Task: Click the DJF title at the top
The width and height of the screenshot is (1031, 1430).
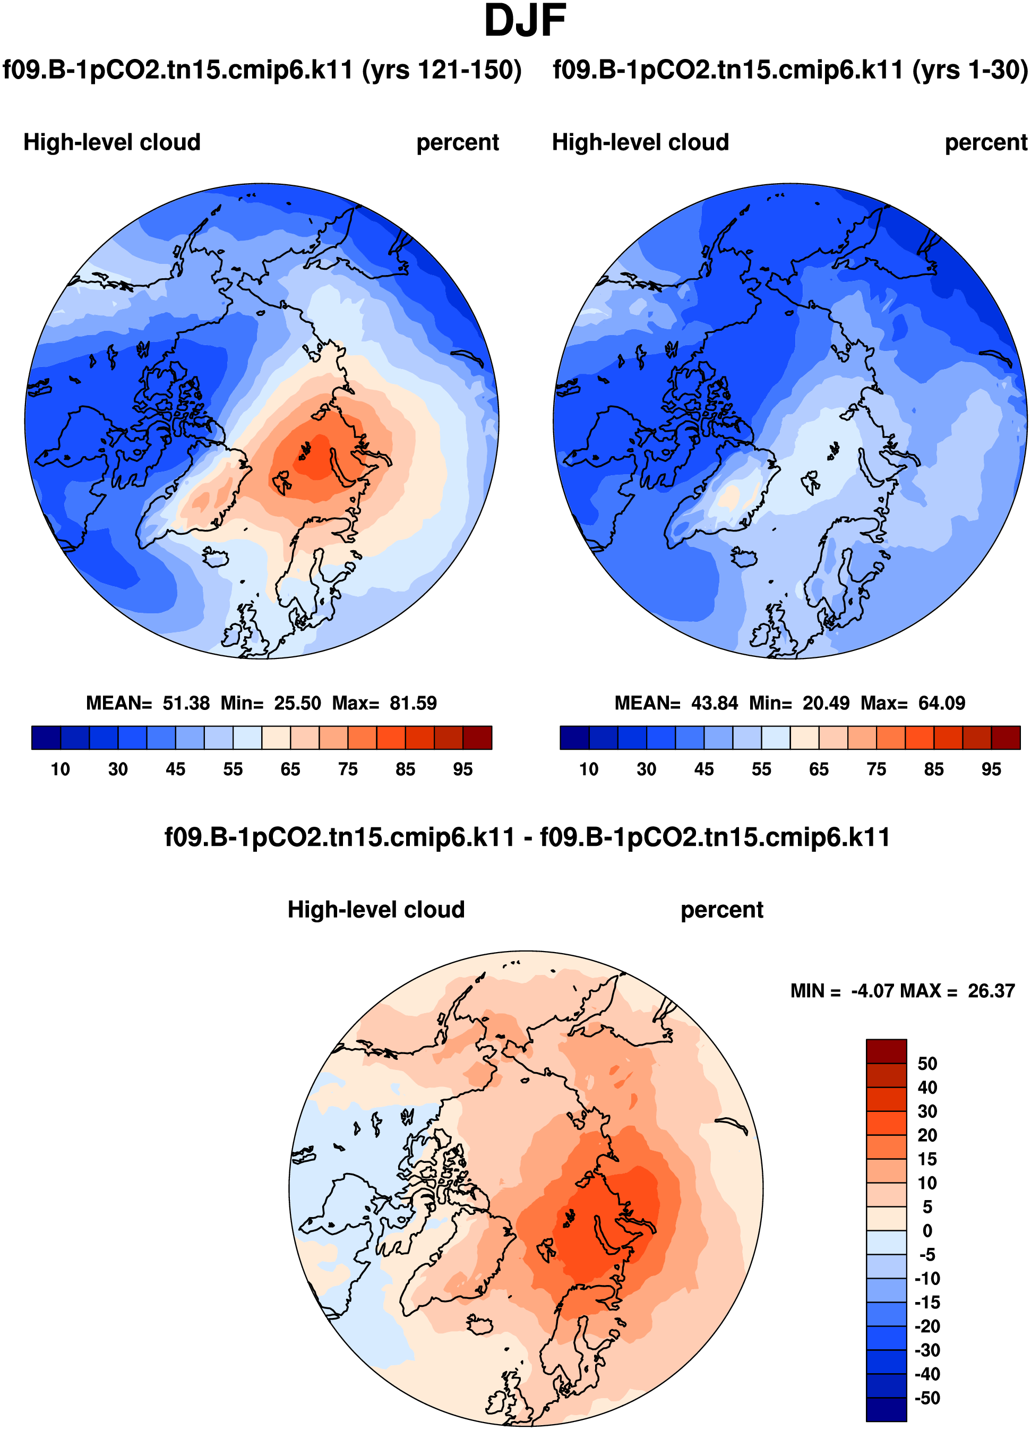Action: [x=525, y=21]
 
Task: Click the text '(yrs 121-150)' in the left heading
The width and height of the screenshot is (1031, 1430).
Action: [x=442, y=70]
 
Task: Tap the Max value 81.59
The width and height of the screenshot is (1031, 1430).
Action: [x=413, y=703]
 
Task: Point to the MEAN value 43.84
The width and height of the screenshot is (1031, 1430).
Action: [x=715, y=703]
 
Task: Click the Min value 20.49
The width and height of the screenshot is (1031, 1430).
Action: [x=826, y=703]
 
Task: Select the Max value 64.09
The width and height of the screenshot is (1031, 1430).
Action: [x=941, y=703]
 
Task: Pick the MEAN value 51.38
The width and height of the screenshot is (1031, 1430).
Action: [x=186, y=703]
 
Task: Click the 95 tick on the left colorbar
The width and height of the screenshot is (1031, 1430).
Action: [x=462, y=769]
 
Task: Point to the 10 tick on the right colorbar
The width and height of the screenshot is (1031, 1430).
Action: [x=589, y=769]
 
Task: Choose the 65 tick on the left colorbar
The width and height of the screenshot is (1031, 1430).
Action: [x=290, y=769]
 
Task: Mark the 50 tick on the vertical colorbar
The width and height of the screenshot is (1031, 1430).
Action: [x=927, y=1064]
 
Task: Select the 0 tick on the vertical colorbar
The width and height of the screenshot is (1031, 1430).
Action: [x=927, y=1231]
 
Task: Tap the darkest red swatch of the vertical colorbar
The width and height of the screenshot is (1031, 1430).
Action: [x=886, y=1051]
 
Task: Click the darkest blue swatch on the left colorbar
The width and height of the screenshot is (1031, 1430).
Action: [x=46, y=737]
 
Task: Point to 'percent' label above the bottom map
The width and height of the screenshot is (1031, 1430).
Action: [x=721, y=910]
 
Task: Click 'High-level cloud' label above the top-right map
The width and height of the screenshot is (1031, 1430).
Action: [x=640, y=142]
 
